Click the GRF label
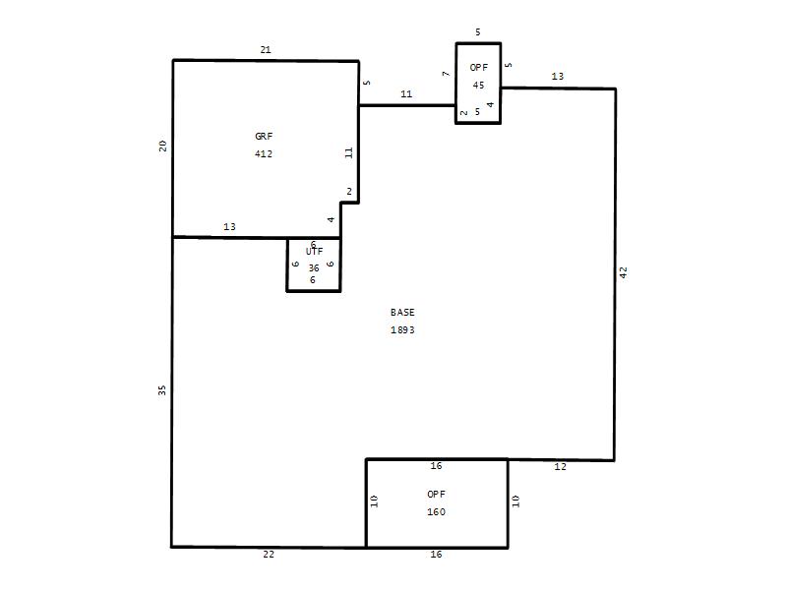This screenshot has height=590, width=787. pyautogui.click(x=264, y=136)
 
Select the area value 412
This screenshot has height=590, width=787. pyautogui.click(x=264, y=154)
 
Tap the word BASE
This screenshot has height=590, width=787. pyautogui.click(x=402, y=312)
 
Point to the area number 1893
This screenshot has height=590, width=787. pyautogui.click(x=402, y=330)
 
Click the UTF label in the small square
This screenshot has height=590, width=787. pyautogui.click(x=314, y=252)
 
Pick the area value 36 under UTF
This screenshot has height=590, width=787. pyautogui.click(x=314, y=267)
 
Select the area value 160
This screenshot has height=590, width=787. pyautogui.click(x=436, y=512)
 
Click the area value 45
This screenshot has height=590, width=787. pyautogui.click(x=478, y=86)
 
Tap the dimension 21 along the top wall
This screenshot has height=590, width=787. pyautogui.click(x=266, y=50)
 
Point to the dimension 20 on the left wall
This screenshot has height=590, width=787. pyautogui.click(x=162, y=146)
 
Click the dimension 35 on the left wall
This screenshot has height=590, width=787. pyautogui.click(x=162, y=389)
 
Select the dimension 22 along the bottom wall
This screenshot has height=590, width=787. pyautogui.click(x=269, y=555)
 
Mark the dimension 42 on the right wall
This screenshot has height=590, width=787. pyautogui.click(x=624, y=272)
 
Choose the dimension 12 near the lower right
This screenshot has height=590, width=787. pyautogui.click(x=560, y=466)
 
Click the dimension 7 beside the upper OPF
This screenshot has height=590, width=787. pyautogui.click(x=446, y=74)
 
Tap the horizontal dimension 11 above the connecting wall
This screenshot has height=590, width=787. pyautogui.click(x=406, y=93)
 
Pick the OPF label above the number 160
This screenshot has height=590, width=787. pyautogui.click(x=436, y=495)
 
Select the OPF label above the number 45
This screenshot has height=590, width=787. pyautogui.click(x=479, y=67)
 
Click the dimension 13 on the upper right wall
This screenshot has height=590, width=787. pyautogui.click(x=558, y=77)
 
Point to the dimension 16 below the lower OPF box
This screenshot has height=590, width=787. pyautogui.click(x=436, y=555)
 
